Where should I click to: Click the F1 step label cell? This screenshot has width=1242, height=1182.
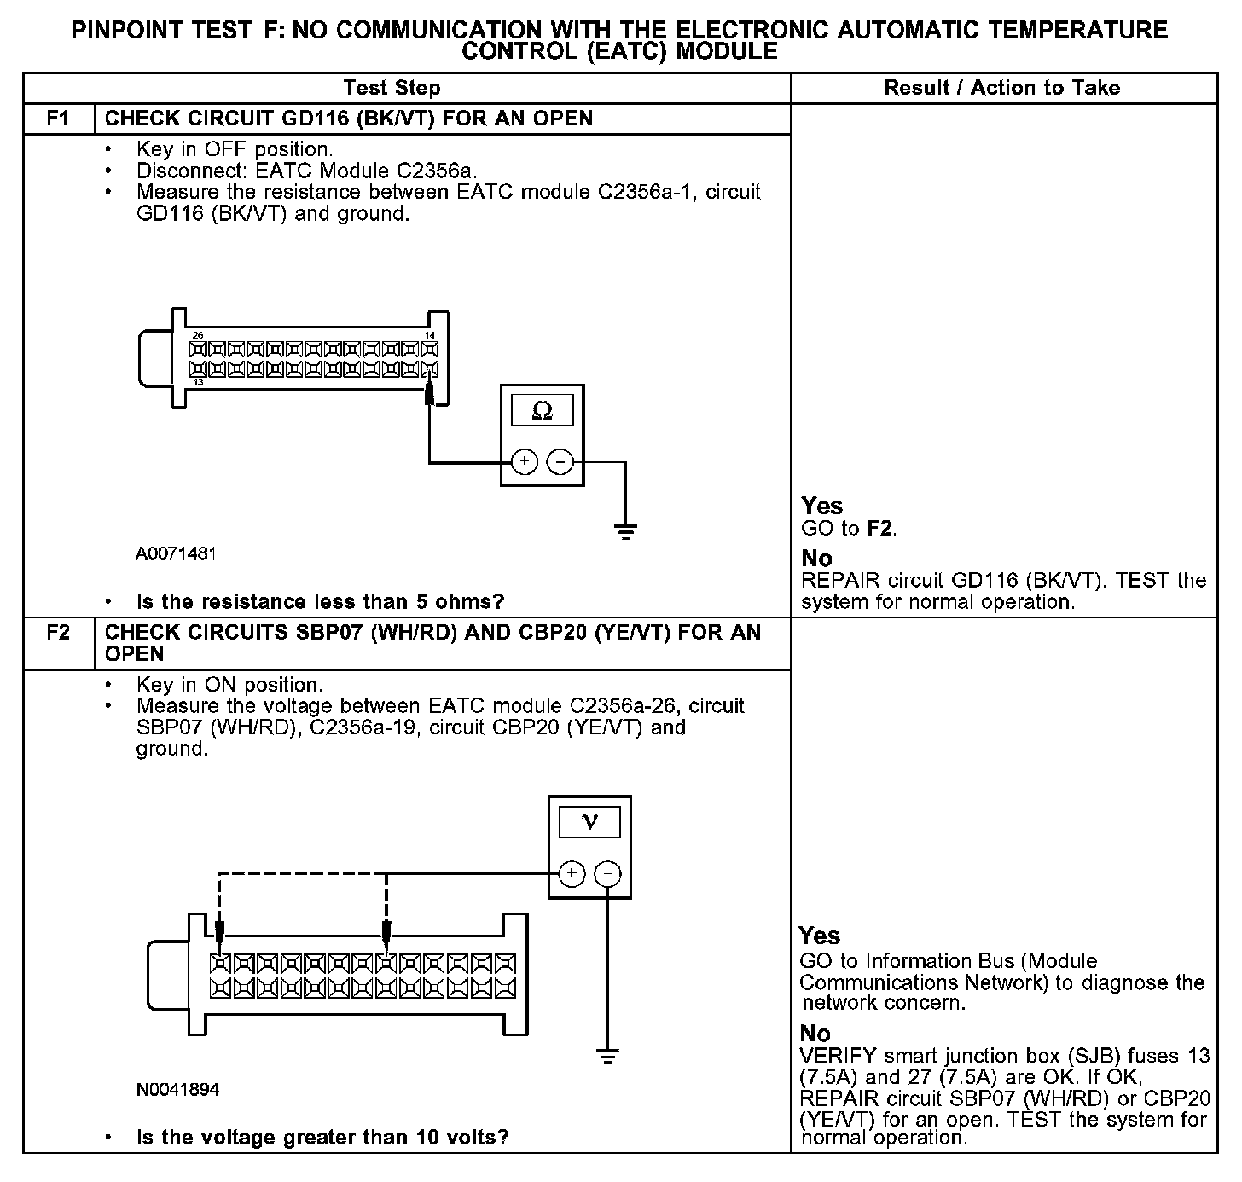(58, 119)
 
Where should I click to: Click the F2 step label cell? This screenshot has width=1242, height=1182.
(58, 634)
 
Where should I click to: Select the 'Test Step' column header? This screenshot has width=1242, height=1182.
(392, 88)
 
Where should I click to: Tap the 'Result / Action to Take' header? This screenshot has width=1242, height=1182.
(1002, 88)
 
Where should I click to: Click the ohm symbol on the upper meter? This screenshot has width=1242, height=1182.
(542, 412)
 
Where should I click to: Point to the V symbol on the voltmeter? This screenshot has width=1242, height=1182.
(589, 822)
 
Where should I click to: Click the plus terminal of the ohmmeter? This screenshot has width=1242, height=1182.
(524, 462)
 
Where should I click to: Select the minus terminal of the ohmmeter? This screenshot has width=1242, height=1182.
(560, 462)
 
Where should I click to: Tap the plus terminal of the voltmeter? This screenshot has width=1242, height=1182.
(572, 873)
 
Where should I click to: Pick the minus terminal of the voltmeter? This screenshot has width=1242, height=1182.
(608, 873)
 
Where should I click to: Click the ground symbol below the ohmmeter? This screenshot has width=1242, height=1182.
(625, 533)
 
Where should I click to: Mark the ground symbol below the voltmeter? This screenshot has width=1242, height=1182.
(607, 1057)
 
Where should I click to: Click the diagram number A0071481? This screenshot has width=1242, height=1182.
(176, 554)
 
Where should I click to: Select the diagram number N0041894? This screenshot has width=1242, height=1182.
(177, 1090)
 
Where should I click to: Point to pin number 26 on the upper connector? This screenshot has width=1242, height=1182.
(198, 335)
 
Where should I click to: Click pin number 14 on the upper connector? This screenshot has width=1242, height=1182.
(431, 335)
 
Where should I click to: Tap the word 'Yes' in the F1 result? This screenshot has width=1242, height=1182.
(822, 506)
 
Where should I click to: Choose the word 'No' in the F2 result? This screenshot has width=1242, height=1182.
(815, 1033)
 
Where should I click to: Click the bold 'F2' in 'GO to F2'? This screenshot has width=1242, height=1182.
(880, 529)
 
